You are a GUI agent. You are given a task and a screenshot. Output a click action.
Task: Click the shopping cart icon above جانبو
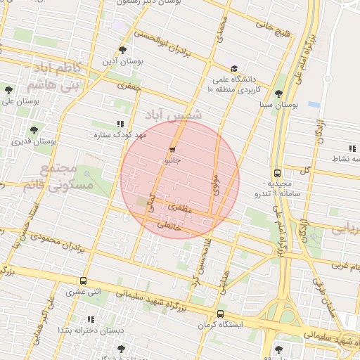[x=172, y=150]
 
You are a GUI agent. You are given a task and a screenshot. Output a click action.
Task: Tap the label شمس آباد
[x=173, y=114]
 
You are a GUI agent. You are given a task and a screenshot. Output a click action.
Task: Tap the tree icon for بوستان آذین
[x=123, y=50]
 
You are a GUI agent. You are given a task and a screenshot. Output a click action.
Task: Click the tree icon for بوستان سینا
[x=278, y=94]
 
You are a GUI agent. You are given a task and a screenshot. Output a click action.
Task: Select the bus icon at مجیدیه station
[x=277, y=173]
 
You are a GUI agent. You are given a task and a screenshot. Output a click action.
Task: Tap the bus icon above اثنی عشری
[x=84, y=281]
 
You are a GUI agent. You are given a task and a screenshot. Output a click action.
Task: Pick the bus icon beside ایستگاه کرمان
[x=221, y=314]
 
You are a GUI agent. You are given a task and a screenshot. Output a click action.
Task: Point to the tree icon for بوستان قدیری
[x=33, y=130]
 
